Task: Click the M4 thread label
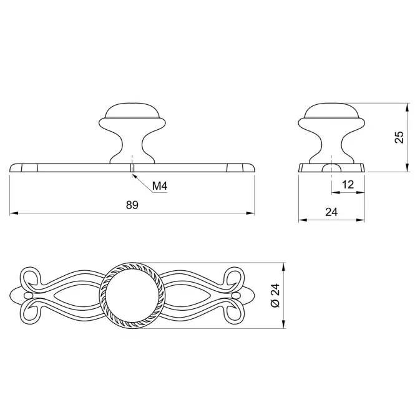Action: (x=160, y=186)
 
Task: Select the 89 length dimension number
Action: (x=132, y=205)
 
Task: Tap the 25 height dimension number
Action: (x=399, y=137)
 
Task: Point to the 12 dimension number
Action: (x=348, y=185)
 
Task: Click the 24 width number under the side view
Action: (x=331, y=212)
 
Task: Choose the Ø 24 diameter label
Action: (x=275, y=296)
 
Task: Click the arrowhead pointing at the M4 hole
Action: (x=134, y=176)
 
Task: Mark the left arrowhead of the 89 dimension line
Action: (x=14, y=213)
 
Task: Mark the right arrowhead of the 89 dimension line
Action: (x=250, y=213)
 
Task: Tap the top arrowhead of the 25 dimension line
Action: (x=407, y=107)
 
